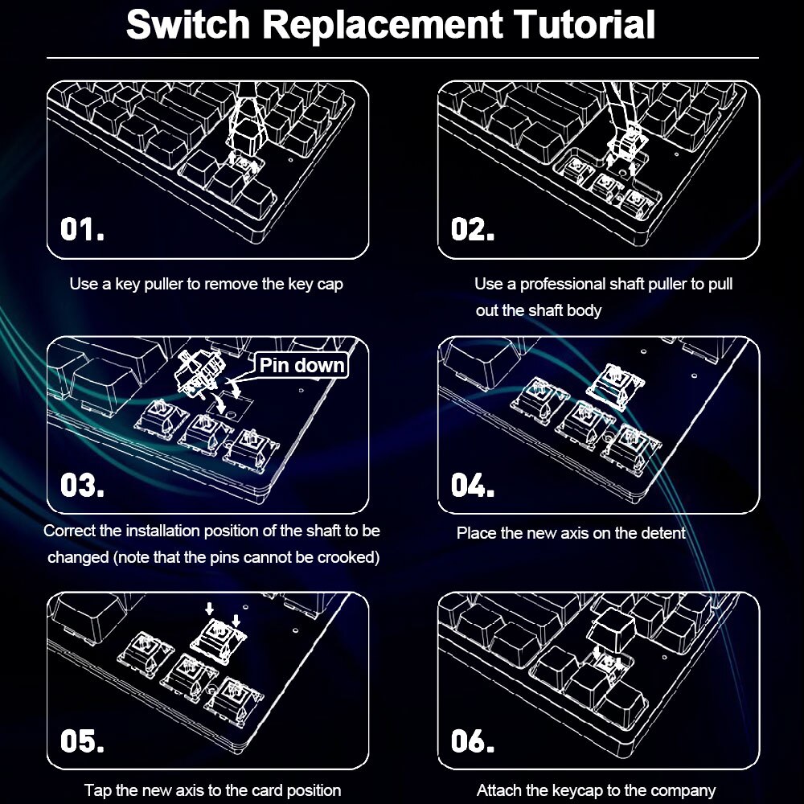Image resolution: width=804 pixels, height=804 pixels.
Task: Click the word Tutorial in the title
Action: tap(585, 24)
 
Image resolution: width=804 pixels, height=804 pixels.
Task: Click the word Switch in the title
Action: tap(189, 24)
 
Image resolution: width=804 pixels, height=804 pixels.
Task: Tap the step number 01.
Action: tap(82, 230)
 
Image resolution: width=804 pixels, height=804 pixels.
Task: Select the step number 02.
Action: tap(472, 230)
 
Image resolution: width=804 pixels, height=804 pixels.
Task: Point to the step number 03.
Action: tap(82, 486)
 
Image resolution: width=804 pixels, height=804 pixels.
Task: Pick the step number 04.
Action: tap(472, 486)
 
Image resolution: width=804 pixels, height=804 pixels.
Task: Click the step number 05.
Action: tap(82, 741)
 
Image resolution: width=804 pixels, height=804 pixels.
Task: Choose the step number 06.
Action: tap(472, 741)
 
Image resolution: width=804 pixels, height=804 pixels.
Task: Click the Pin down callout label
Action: tap(301, 366)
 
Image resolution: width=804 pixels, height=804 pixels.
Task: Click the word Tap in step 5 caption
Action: tap(96, 790)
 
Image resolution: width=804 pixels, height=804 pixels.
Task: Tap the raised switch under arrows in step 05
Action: tap(218, 637)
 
